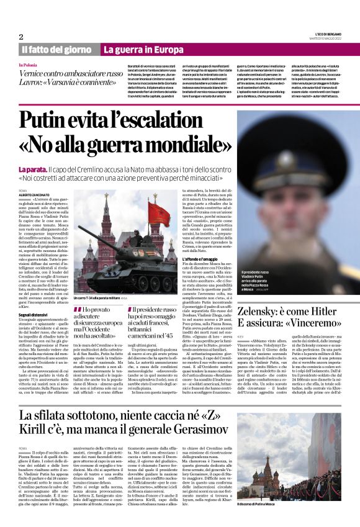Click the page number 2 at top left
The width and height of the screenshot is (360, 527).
pos(21,37)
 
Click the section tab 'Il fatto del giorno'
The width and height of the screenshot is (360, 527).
pos(58,49)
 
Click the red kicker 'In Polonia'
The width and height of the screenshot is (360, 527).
pos(28,65)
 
